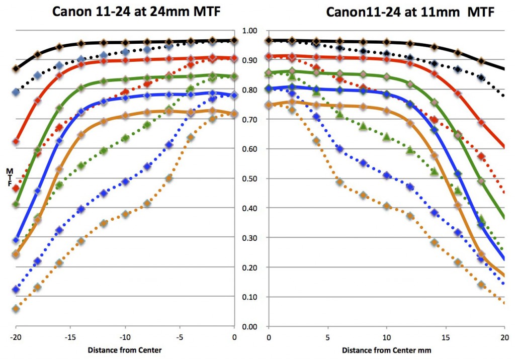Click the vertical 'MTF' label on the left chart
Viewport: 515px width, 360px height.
9,177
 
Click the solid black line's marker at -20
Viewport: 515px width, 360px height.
16,68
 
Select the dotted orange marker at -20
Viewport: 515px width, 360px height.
16,309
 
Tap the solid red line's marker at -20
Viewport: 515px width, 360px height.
16,142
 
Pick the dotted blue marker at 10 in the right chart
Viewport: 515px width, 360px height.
387,175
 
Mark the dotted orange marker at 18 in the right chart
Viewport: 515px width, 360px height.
481,285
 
